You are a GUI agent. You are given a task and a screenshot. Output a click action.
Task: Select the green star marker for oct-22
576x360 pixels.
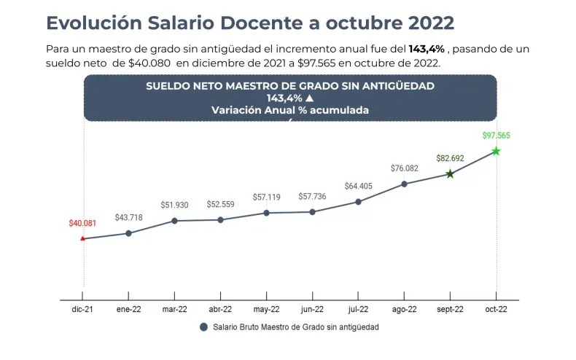(x=496, y=151)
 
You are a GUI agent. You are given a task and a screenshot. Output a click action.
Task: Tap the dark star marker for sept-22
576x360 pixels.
(x=450, y=173)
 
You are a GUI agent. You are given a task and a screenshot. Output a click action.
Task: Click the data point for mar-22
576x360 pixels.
(x=174, y=220)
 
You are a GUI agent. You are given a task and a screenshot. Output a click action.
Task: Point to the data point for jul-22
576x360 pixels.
(x=358, y=202)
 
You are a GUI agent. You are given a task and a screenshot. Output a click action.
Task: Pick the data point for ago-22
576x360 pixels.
(x=404, y=184)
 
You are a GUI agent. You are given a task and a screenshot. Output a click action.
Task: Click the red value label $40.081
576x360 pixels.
(x=82, y=223)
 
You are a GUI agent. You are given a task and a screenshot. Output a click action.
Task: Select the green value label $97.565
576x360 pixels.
(x=496, y=136)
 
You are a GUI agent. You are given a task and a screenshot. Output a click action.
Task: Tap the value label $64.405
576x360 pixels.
(x=358, y=186)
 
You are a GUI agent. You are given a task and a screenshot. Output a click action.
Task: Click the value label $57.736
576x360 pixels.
(x=312, y=197)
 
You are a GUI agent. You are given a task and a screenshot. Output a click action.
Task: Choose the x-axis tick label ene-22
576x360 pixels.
(x=128, y=310)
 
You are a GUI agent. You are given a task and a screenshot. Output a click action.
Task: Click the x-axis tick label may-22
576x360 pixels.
(x=266, y=310)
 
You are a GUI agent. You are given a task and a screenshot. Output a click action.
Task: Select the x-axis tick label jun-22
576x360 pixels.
(x=312, y=310)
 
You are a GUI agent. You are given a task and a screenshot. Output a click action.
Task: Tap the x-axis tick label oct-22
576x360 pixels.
(x=496, y=310)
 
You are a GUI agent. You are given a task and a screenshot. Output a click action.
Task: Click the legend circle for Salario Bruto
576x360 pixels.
(x=204, y=327)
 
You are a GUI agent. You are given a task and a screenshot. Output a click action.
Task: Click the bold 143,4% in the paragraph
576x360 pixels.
(x=428, y=49)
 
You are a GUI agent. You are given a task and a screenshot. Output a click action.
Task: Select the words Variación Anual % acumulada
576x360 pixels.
(x=289, y=110)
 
